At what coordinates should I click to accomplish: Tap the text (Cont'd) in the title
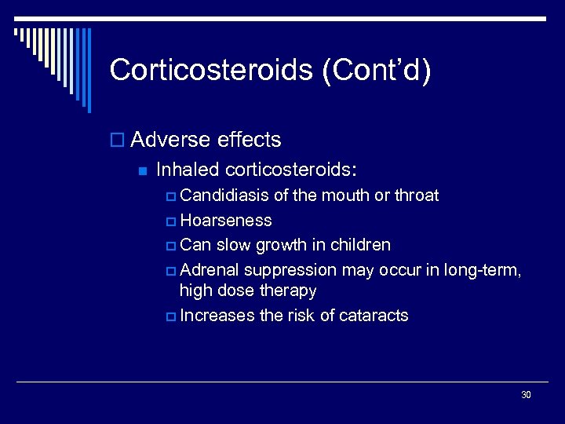pos(375,70)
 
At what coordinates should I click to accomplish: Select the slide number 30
pos(526,394)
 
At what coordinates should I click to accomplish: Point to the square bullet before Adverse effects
pos(118,141)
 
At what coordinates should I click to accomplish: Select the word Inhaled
pos(188,169)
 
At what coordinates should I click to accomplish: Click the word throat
pos(416,195)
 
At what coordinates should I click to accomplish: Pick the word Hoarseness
pos(225,220)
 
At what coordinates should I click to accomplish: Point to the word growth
pos(279,244)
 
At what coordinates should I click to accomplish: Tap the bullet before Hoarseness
pos(172,221)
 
